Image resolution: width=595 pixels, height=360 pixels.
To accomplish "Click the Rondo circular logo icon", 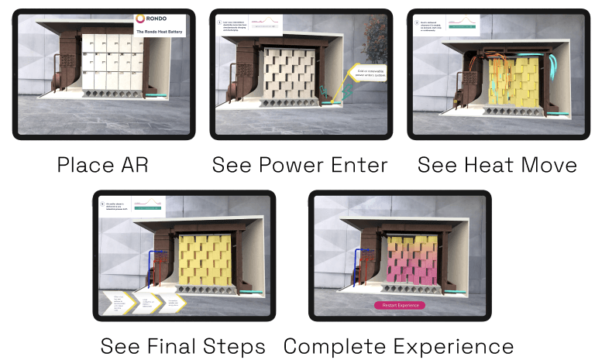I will [139, 18].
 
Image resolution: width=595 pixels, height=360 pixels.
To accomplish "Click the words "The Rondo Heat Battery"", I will [160, 32].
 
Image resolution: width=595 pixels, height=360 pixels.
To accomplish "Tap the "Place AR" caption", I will [102, 165].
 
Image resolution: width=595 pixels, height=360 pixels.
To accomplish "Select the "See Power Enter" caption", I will [300, 165].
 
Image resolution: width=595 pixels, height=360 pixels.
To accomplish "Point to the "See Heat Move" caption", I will [497, 165].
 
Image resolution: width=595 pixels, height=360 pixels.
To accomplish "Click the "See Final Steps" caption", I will [183, 345].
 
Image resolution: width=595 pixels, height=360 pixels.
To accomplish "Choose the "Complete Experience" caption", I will [398, 345].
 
